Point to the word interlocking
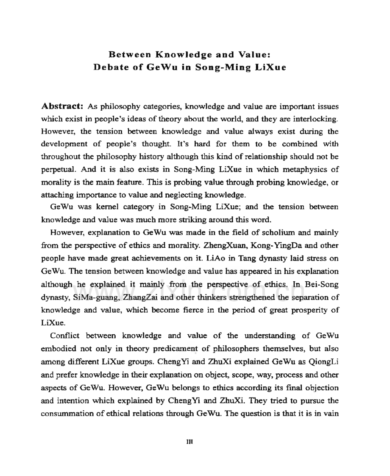point(319,116)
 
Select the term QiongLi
point(325,361)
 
